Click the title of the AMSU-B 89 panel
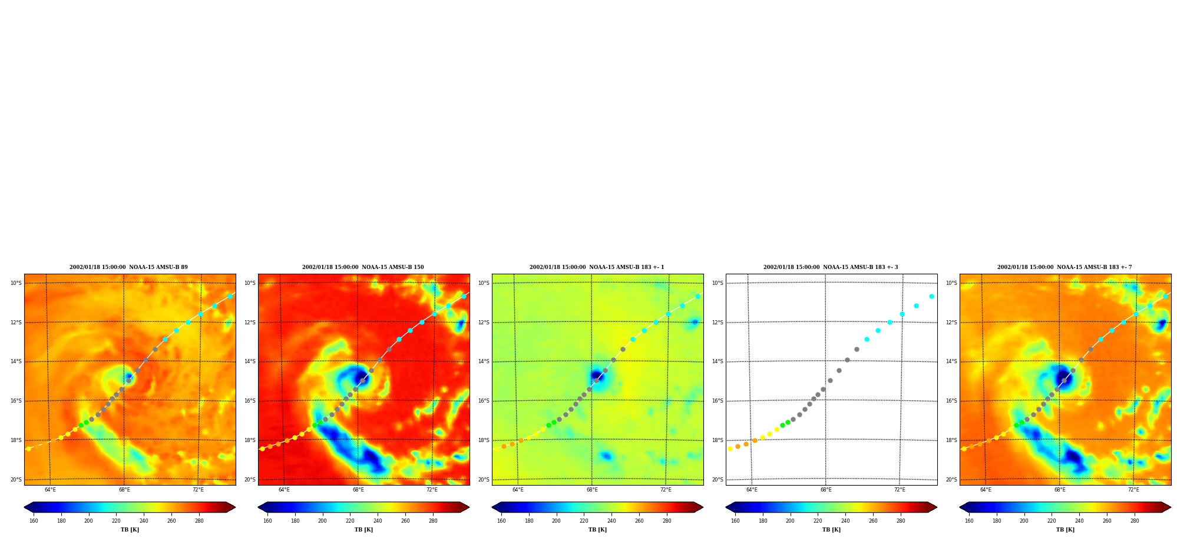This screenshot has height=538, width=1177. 128,267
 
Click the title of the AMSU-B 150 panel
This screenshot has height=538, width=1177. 363,267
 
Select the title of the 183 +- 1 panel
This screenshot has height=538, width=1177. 597,267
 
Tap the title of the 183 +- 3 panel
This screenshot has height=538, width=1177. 831,267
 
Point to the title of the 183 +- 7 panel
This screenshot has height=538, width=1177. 1064,267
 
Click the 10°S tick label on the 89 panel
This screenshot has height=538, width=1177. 16,283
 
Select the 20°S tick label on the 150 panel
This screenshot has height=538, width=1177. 250,480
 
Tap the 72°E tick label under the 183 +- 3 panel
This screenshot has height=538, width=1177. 900,490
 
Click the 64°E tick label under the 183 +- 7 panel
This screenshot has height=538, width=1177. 986,490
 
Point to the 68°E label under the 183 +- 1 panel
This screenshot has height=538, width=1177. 592,490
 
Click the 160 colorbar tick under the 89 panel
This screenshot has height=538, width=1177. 34,521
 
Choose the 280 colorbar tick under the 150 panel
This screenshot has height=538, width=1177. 433,521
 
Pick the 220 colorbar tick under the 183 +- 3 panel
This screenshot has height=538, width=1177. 818,521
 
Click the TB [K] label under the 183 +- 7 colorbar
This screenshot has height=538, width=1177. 1065,530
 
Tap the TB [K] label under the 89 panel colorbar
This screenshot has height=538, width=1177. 130,530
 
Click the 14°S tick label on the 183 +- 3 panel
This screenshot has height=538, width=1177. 718,361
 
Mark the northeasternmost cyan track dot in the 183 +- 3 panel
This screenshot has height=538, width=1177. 931,296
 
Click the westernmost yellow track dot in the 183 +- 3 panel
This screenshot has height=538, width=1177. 730,449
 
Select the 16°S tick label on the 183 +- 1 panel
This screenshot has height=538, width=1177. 484,401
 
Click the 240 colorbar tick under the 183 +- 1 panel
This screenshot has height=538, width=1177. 611,521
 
